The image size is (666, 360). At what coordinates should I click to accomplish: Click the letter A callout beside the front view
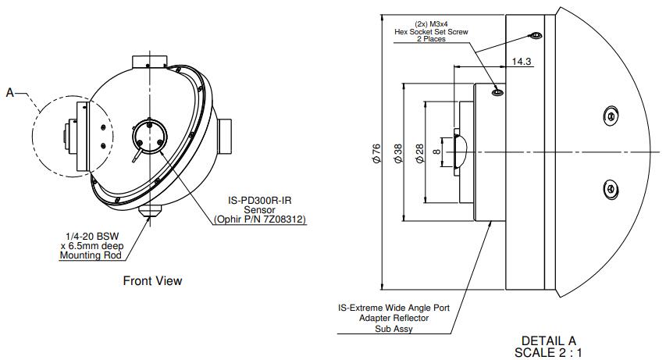point(10,93)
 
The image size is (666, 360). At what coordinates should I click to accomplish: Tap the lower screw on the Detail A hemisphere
point(611,187)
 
